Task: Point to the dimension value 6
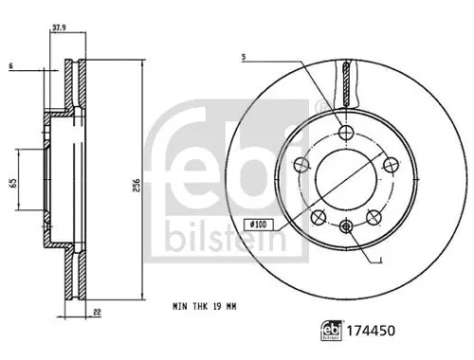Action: point(10,64)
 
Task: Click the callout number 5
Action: point(244,58)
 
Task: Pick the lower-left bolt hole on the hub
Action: point(319,215)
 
